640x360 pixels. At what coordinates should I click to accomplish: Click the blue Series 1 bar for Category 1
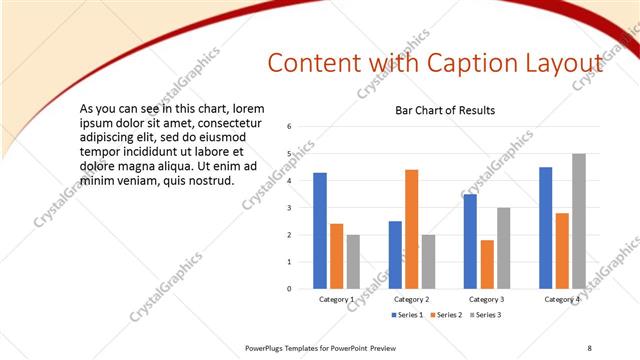pos(320,230)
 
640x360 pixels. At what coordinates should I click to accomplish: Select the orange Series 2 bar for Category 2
pos(412,229)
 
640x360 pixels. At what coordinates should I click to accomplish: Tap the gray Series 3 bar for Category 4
pos(579,221)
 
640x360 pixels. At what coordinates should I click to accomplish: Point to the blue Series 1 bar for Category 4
pos(545,227)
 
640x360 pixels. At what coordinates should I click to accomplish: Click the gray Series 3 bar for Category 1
pos(353,261)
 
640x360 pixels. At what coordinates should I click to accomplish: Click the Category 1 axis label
pos(336,299)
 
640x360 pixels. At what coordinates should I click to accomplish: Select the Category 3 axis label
pos(486,299)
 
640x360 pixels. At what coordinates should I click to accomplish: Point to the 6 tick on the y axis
pos(288,127)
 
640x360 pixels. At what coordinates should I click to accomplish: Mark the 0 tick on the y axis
pos(288,289)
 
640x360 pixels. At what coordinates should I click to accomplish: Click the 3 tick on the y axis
pos(288,208)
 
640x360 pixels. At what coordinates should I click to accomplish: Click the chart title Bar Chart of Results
pos(445,110)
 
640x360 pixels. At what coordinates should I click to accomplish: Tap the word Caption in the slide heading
pos(457,64)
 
